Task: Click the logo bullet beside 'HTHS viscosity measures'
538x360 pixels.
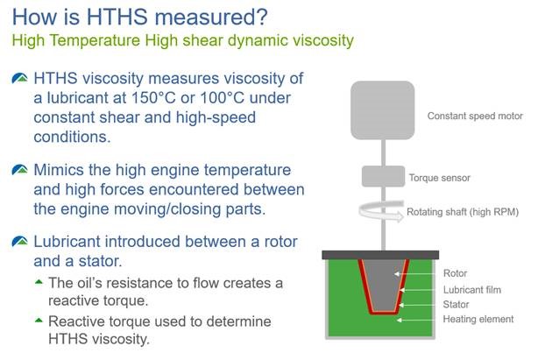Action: point(20,78)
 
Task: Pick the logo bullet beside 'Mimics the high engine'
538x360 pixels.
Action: point(20,170)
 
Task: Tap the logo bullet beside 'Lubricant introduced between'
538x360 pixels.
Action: point(20,242)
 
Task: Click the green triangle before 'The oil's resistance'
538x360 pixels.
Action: point(39,282)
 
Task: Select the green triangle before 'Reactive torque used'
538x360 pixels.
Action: point(39,321)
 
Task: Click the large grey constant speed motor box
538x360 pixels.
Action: point(383,110)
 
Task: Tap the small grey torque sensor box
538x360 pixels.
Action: point(384,176)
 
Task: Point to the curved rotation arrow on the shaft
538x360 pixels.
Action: point(381,211)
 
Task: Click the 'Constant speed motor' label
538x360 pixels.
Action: point(475,116)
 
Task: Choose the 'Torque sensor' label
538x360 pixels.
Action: point(440,178)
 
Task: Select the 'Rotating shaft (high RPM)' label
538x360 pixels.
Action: point(463,212)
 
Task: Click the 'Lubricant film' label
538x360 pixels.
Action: point(472,290)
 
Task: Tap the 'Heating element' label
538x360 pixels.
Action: point(478,319)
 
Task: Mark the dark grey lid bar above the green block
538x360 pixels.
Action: point(380,255)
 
